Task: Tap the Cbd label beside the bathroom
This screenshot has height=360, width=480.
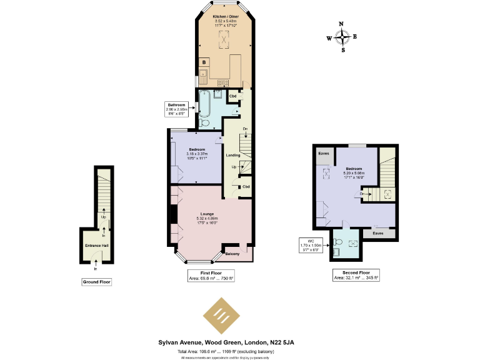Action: click(232, 96)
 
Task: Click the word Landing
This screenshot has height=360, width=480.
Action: click(232, 155)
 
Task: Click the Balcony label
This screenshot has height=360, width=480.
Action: click(232, 254)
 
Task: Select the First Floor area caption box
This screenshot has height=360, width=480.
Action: click(211, 276)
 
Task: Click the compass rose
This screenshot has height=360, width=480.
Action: click(342, 37)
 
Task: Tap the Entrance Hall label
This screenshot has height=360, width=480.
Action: click(96, 246)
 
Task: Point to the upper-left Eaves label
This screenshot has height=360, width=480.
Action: click(324, 153)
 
